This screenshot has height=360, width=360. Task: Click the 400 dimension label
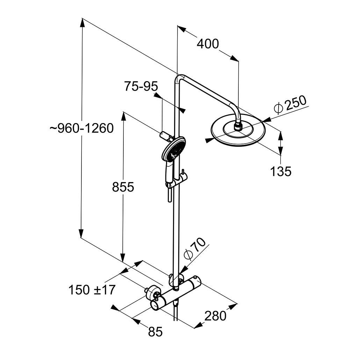tap(208, 44)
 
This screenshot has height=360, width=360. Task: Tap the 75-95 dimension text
tap(141, 86)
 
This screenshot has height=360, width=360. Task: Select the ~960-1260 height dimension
tap(81, 128)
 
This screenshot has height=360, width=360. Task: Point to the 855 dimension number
tap(123, 187)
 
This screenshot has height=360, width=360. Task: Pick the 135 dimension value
tap(280, 171)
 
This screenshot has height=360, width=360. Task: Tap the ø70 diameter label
tap(194, 249)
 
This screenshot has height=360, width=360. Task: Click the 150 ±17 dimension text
tap(92, 290)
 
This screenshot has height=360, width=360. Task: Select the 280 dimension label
tap(215, 316)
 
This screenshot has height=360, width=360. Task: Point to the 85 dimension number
tap(155, 332)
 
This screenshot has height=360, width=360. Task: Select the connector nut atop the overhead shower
tap(238, 125)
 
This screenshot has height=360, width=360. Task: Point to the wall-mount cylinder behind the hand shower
tap(165, 135)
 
